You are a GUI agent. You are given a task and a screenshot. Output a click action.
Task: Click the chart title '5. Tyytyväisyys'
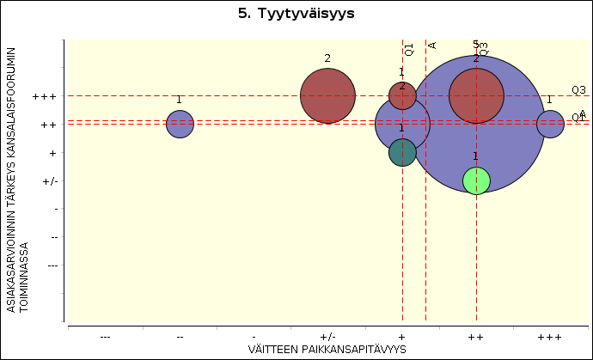(x=296, y=15)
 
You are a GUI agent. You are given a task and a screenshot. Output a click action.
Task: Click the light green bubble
(x=476, y=180)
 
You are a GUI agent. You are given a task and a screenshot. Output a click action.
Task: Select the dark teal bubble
(x=402, y=152)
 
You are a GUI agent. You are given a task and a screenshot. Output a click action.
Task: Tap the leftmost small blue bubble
(x=180, y=125)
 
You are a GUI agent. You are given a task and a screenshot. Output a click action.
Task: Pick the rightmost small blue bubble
(x=550, y=125)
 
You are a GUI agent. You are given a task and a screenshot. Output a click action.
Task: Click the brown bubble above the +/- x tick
(x=327, y=96)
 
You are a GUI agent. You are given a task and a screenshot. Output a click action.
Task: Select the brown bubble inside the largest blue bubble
(x=476, y=96)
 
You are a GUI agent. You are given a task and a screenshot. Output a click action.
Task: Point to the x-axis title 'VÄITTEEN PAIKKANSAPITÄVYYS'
(x=327, y=348)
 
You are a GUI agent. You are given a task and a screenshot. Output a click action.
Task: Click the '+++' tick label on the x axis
(x=550, y=336)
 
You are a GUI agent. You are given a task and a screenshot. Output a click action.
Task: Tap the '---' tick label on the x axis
(x=105, y=336)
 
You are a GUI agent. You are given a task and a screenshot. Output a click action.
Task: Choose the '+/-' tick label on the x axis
(x=327, y=336)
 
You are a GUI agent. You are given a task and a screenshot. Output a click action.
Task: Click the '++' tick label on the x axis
(x=476, y=336)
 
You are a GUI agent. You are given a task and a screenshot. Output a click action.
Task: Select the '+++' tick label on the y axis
(x=44, y=97)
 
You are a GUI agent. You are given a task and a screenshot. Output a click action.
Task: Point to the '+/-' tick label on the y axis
(x=49, y=181)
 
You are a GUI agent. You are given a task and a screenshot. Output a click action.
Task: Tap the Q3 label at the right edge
(x=578, y=90)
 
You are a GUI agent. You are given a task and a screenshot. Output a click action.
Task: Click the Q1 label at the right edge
(x=578, y=118)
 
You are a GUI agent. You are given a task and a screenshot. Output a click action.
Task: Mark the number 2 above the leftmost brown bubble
(x=327, y=58)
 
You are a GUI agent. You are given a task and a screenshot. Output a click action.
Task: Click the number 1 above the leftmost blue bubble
(x=179, y=100)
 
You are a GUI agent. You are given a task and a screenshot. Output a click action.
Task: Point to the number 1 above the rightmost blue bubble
(x=549, y=100)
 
